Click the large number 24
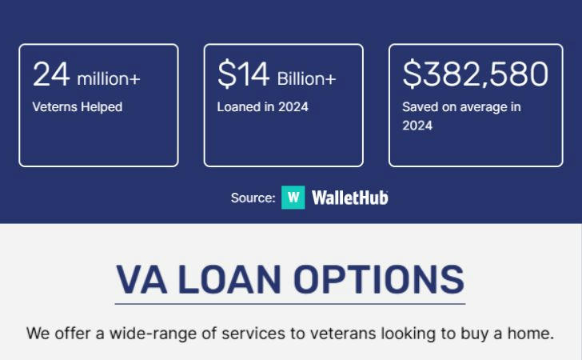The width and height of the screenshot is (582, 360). pyautogui.click(x=51, y=74)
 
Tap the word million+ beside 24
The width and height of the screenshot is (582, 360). pyautogui.click(x=109, y=78)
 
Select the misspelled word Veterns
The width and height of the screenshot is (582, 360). pyautogui.click(x=54, y=107)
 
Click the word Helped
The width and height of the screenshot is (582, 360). pyautogui.click(x=102, y=107)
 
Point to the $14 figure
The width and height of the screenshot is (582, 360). pyautogui.click(x=243, y=74)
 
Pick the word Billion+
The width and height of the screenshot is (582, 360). pyautogui.click(x=306, y=78)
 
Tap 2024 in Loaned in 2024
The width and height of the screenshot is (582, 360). pyautogui.click(x=293, y=107)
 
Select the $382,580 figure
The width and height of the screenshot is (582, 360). pyautogui.click(x=475, y=74)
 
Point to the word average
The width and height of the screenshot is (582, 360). pyautogui.click(x=484, y=107)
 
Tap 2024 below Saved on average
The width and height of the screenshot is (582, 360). pyautogui.click(x=417, y=126)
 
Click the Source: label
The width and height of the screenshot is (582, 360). pyautogui.click(x=253, y=198)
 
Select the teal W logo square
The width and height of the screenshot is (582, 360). pyautogui.click(x=293, y=198)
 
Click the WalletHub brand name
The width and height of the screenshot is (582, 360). pyautogui.click(x=350, y=198)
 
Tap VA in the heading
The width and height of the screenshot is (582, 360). pyautogui.click(x=142, y=279)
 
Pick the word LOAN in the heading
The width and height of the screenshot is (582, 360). pyautogui.click(x=229, y=279)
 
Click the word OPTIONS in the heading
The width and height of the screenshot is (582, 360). pyautogui.click(x=379, y=279)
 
